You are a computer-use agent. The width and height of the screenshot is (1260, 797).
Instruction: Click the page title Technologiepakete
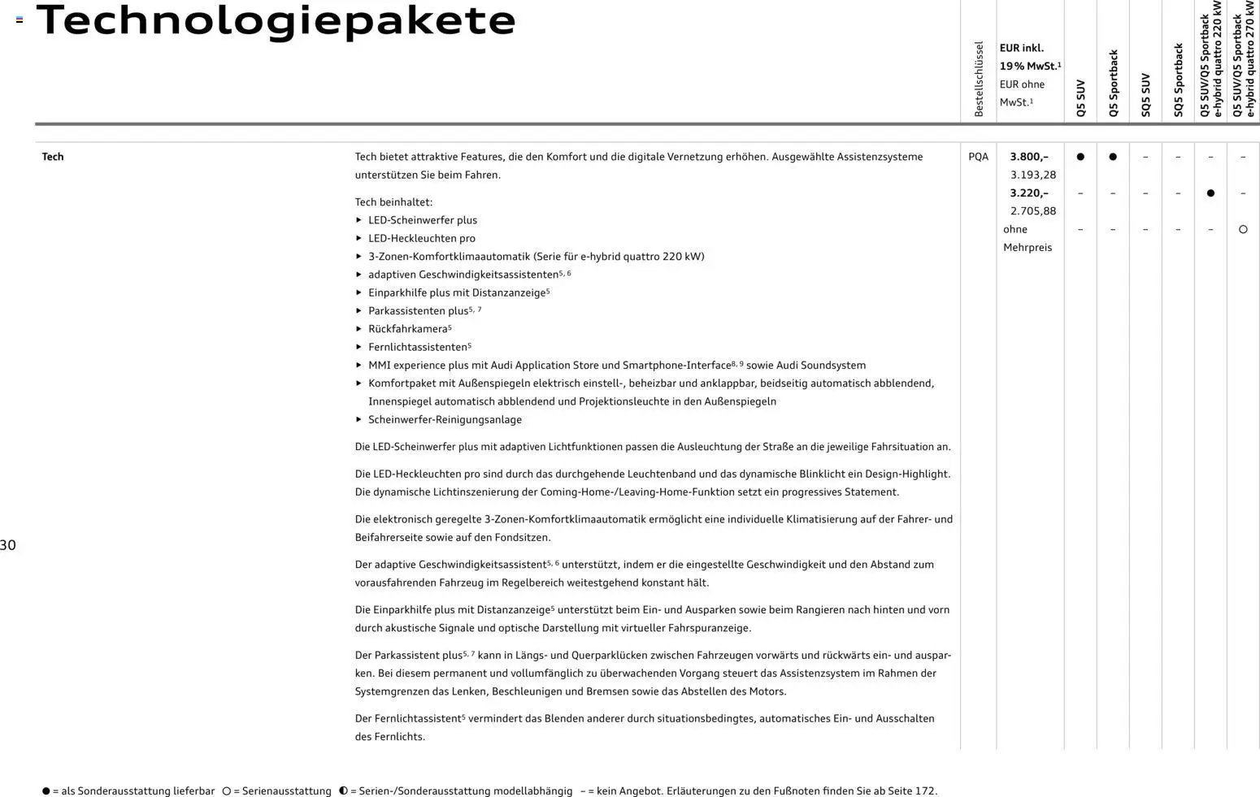[276, 20]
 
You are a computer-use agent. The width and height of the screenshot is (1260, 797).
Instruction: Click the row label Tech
[53, 157]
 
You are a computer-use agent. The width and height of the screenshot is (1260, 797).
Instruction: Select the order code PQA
[978, 157]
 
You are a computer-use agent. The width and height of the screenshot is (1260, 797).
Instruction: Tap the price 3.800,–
[1029, 157]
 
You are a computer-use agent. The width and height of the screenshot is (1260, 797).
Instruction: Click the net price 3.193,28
[1033, 175]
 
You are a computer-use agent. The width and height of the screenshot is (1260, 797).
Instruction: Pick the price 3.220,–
[1029, 193]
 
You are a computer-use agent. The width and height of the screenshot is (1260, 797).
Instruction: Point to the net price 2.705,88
[1033, 211]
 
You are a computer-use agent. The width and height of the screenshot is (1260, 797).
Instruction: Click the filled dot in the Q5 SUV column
[1080, 157]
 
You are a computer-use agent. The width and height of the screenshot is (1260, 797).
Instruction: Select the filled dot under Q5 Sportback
[1113, 157]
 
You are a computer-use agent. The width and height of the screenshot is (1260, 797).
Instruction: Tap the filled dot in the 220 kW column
[1210, 193]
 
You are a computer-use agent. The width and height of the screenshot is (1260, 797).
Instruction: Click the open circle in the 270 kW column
[1243, 230]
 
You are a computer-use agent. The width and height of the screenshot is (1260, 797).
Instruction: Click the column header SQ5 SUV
[1145, 95]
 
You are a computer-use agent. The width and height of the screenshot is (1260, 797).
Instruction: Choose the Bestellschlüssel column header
[979, 79]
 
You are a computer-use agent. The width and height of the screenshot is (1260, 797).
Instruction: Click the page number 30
[8, 545]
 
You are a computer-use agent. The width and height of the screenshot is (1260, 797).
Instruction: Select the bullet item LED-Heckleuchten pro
[421, 238]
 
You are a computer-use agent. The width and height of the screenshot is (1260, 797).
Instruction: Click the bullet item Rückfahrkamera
[407, 329]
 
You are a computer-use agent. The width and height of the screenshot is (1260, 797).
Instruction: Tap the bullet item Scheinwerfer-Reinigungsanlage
[445, 420]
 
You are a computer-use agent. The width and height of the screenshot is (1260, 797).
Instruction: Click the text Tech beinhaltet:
[393, 202]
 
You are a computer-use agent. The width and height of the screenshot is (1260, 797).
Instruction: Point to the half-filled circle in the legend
[343, 791]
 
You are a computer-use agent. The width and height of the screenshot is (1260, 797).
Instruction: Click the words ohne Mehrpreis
[1027, 238]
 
